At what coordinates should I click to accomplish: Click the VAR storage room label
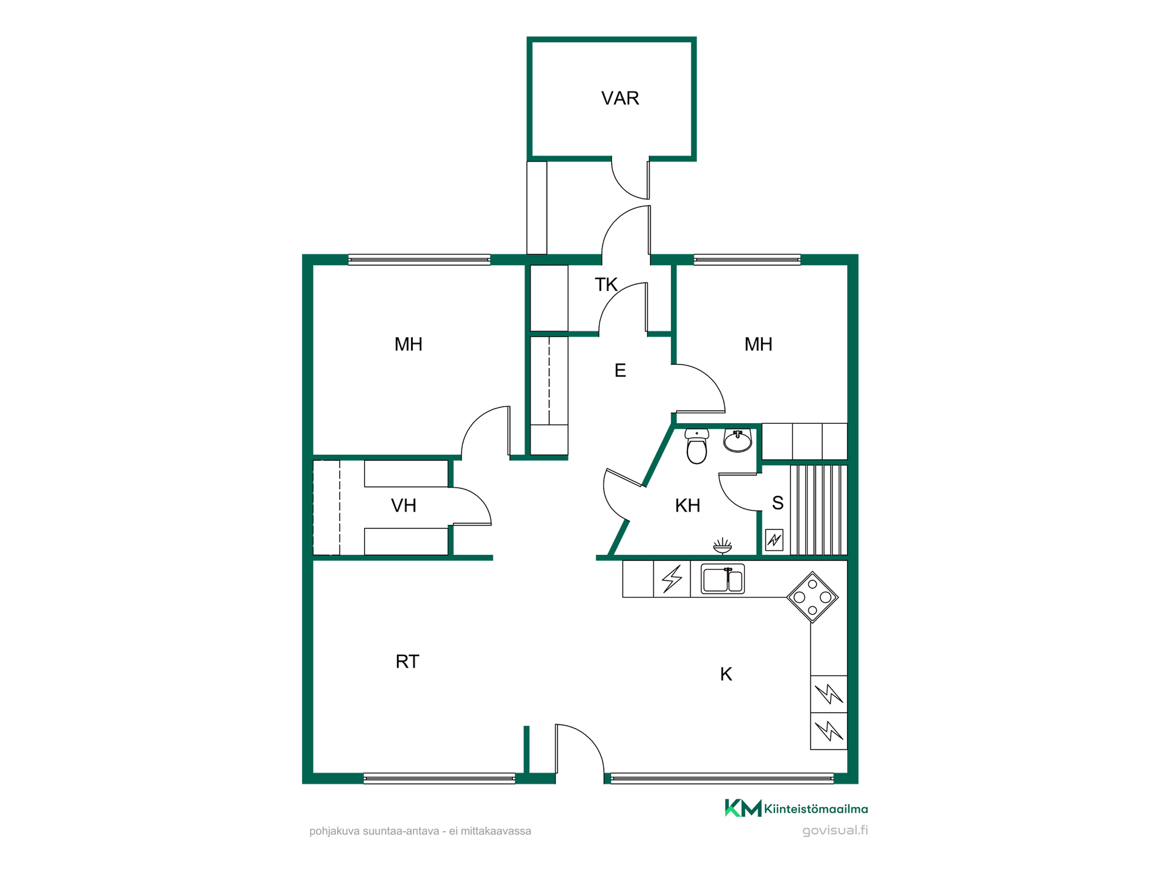620,98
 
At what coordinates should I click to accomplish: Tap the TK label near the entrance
606,285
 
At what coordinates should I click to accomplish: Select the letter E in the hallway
620,370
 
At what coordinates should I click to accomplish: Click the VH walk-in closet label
403,505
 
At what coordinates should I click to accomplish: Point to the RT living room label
407,662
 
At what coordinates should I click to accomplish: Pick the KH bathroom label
687,505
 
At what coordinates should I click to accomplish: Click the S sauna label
778,503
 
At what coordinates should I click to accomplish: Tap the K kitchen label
726,674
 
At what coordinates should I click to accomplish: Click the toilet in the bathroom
697,446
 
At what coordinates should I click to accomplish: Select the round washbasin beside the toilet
737,440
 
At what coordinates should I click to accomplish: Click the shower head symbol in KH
722,546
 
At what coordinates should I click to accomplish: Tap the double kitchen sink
723,579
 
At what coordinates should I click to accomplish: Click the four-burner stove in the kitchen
812,597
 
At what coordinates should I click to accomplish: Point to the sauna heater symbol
774,540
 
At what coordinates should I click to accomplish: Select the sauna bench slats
818,510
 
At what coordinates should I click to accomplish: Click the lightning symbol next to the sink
672,579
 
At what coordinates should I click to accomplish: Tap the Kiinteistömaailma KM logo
743,808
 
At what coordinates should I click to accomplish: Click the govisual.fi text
835,830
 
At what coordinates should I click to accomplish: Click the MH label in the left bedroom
408,344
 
